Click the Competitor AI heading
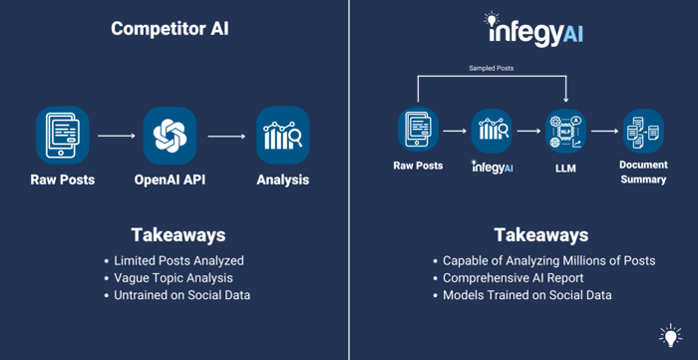point(170,28)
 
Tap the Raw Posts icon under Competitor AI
point(62,136)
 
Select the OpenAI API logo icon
point(170,136)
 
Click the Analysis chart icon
point(282,136)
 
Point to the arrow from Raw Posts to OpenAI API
point(116,136)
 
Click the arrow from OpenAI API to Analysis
point(226,136)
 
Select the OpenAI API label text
point(170,180)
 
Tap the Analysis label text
point(282,180)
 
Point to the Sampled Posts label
point(492,69)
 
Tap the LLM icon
point(565,132)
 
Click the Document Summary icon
point(642,132)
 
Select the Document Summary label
point(642,172)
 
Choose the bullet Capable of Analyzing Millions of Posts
point(548,260)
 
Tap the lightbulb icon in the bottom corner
point(670,335)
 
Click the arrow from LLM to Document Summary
point(604,132)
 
